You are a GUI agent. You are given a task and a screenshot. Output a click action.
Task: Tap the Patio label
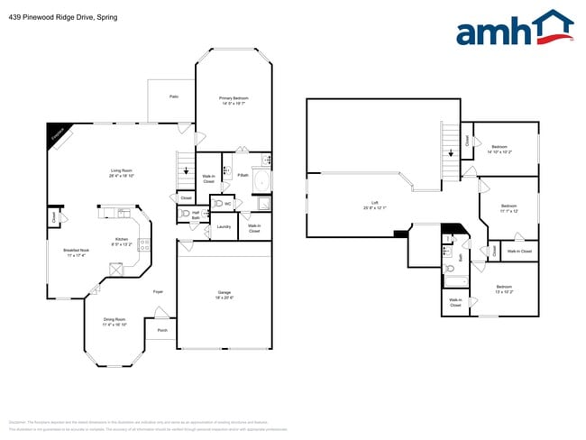click(x=173, y=96)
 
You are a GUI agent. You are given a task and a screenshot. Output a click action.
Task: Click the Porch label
click(x=162, y=330)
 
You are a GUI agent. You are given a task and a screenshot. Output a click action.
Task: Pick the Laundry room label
click(x=224, y=226)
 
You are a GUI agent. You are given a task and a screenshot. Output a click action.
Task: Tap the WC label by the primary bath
click(x=227, y=204)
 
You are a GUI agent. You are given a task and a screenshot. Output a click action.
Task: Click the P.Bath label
click(x=243, y=175)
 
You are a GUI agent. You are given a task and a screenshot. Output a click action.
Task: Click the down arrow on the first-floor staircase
click(x=186, y=170)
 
